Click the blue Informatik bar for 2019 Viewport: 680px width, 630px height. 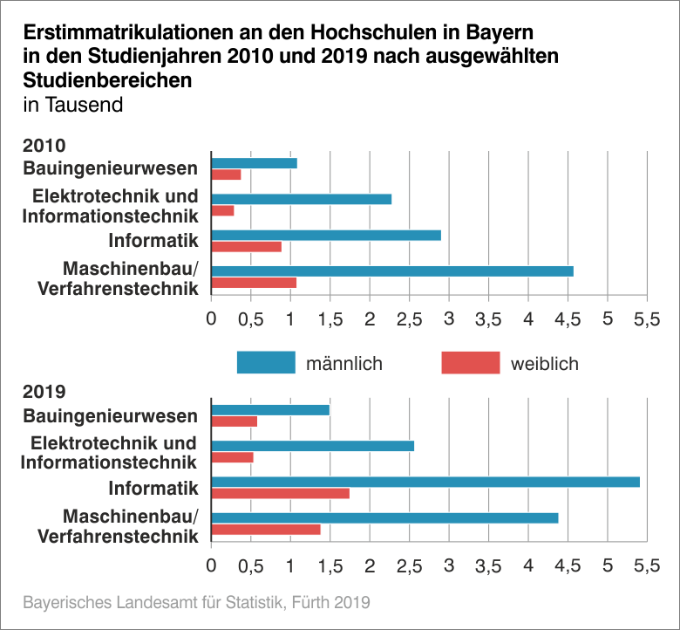pyautogui.click(x=425, y=482)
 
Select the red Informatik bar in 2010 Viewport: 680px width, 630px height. pyautogui.click(x=246, y=247)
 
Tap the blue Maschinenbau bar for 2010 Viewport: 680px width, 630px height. pyautogui.click(x=392, y=270)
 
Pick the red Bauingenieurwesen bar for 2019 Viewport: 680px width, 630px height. pyautogui.click(x=234, y=421)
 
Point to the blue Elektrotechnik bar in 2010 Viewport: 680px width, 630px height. pyautogui.click(x=301, y=199)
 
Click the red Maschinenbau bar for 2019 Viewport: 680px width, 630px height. pyautogui.click(x=266, y=530)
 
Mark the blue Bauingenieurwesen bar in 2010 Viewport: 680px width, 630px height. pyautogui.click(x=254, y=163)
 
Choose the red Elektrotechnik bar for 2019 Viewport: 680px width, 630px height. pyautogui.click(x=232, y=457)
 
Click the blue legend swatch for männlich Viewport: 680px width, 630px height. pyautogui.click(x=266, y=362)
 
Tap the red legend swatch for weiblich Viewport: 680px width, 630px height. pyautogui.click(x=470, y=362)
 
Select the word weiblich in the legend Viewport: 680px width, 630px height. pyautogui.click(x=544, y=363)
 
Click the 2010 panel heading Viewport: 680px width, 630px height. pyautogui.click(x=45, y=146)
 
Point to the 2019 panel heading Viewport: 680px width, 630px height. pyautogui.click(x=45, y=392)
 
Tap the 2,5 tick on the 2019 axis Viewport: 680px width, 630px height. pyautogui.click(x=409, y=565)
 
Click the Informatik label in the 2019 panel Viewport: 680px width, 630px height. pyautogui.click(x=153, y=488)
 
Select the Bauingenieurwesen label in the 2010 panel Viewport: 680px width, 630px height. pyautogui.click(x=110, y=168)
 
